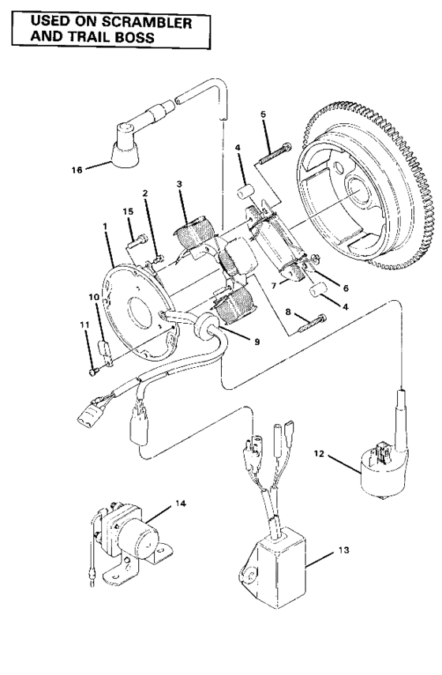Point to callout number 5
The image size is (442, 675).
point(264,115)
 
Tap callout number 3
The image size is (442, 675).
point(181,183)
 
